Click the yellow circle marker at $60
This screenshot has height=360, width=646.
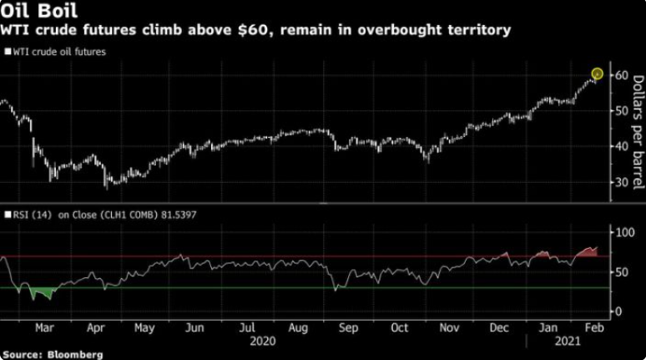pos(597,74)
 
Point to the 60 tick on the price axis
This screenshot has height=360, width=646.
pos(619,75)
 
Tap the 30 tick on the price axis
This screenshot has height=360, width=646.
pos(619,182)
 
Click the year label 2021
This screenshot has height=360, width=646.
pos(568,342)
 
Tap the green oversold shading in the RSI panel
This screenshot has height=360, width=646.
pos(38,292)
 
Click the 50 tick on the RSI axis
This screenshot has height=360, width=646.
pos(619,271)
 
